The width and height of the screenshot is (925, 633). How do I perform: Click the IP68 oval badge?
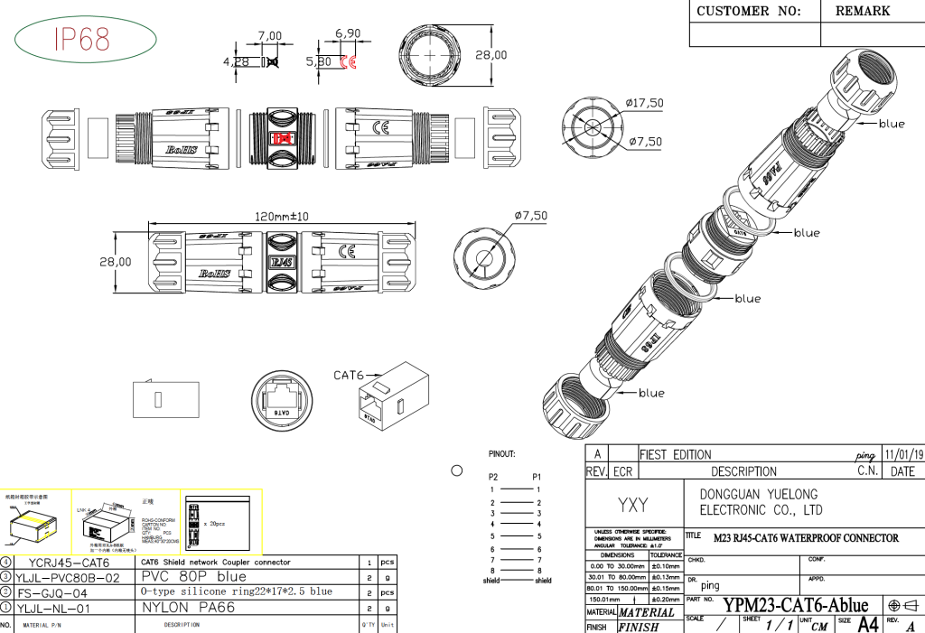(x=82, y=39)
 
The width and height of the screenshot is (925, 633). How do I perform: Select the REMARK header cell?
(x=862, y=12)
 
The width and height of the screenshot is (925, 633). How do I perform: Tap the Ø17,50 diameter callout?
(x=646, y=103)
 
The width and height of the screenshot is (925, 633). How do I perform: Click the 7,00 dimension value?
(x=270, y=35)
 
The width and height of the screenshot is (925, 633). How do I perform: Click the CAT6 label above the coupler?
(x=349, y=375)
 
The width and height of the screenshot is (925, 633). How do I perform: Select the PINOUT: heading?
(x=501, y=454)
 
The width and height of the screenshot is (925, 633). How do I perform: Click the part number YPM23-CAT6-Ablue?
(x=796, y=605)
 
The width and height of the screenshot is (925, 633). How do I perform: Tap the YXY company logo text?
(x=632, y=505)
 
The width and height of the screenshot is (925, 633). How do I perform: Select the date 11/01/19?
(x=904, y=454)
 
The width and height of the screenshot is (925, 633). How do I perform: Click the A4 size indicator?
(x=867, y=624)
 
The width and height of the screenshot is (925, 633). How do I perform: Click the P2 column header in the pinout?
(x=493, y=476)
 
